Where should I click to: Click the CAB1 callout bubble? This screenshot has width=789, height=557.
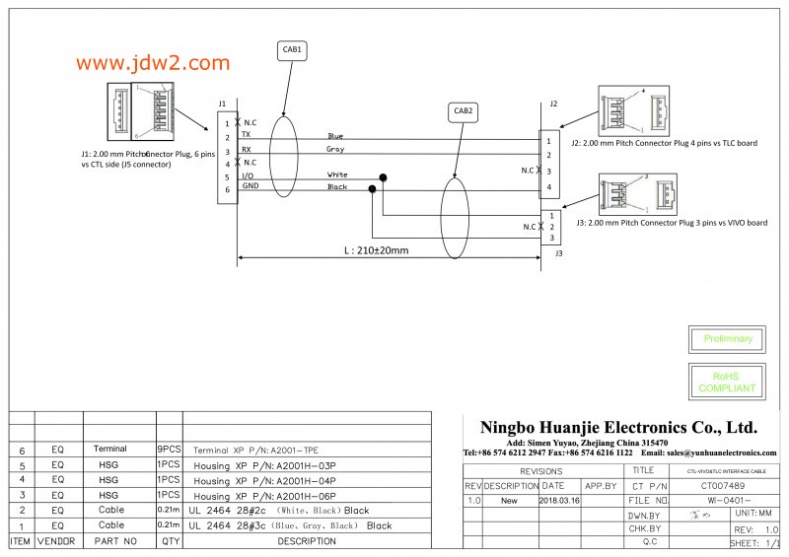pos(293,49)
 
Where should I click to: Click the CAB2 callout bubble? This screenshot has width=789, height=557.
pos(464,111)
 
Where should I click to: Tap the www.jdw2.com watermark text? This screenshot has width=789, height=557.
pos(152,63)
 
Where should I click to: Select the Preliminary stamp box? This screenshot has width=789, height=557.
pos(728,339)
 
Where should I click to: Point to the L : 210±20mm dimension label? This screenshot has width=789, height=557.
pos(376,250)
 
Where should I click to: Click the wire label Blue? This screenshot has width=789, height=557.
pos(335,136)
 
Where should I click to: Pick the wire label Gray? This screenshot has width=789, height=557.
pos(335,149)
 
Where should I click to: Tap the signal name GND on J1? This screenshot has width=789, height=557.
pos(251,186)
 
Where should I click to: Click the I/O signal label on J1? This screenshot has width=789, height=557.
pos(249,174)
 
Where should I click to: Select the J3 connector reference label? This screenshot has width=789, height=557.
pos(558,253)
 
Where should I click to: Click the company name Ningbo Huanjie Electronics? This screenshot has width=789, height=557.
pos(618,427)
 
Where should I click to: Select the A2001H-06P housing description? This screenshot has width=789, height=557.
pos(265,496)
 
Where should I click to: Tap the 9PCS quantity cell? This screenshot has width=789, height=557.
pos(168,449)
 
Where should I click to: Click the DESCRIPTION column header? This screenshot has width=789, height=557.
pos(306,541)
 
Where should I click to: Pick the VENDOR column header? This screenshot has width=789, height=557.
pos(56,541)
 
